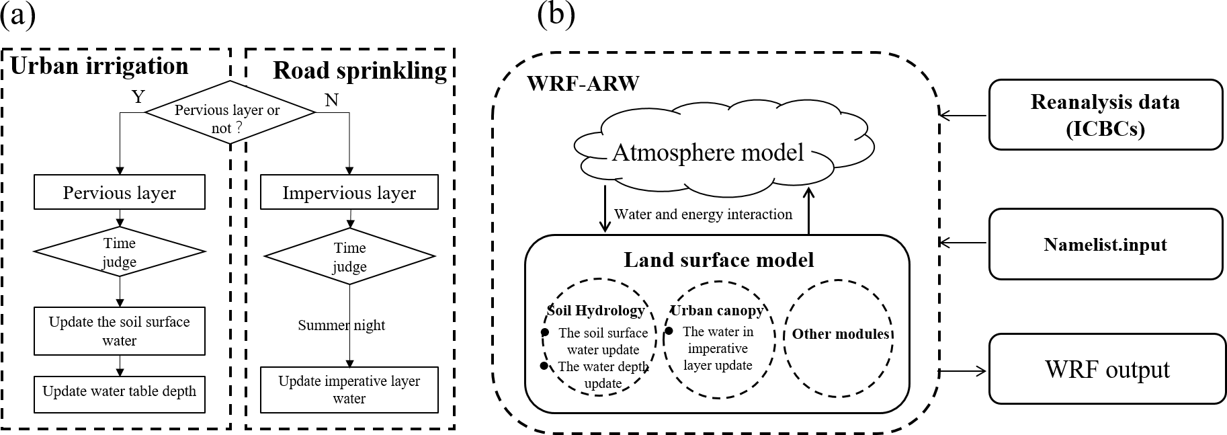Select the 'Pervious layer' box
click(x=120, y=193)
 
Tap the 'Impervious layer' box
click(x=349, y=193)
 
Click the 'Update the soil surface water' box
click(x=120, y=331)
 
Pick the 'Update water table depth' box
click(x=120, y=391)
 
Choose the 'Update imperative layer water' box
click(x=349, y=390)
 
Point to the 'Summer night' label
click(x=341, y=325)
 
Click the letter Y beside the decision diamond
click(x=138, y=97)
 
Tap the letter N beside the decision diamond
click(x=331, y=100)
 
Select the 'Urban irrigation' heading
click(x=99, y=66)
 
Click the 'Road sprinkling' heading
click(x=359, y=71)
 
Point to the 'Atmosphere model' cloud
click(x=708, y=153)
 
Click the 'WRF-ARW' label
click(x=583, y=84)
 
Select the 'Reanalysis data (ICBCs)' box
click(x=1105, y=114)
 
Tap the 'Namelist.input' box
click(x=1105, y=244)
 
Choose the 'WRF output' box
click(x=1107, y=370)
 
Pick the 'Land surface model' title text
click(x=718, y=260)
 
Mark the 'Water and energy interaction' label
click(x=703, y=214)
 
